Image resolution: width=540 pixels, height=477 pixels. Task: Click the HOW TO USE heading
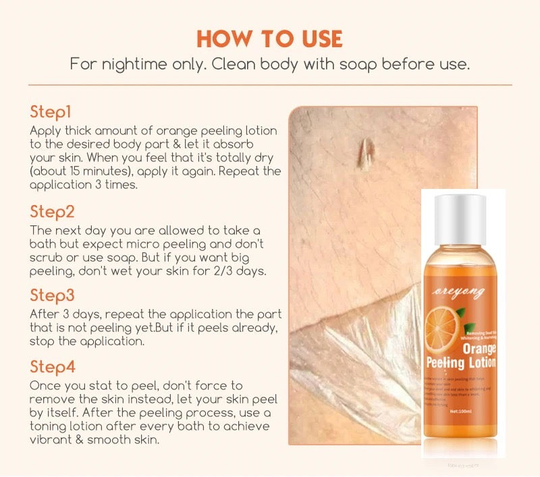[x=269, y=38]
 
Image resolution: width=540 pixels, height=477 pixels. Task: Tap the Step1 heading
[x=51, y=112]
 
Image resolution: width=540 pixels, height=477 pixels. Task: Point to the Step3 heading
[x=52, y=296]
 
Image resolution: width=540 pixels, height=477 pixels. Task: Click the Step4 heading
[x=53, y=368]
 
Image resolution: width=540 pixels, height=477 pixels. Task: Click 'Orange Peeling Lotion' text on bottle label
[x=462, y=357]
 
